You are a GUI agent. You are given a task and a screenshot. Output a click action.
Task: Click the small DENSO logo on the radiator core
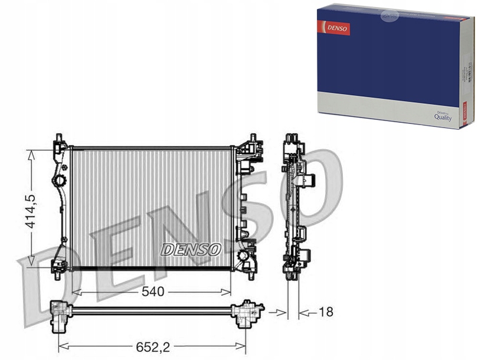tap(191, 250)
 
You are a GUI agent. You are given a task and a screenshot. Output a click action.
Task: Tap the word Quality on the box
tap(443, 117)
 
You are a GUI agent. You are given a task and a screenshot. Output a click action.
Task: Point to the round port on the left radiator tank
tap(60, 179)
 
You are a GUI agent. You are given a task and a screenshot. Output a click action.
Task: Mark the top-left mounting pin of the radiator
tap(59, 141)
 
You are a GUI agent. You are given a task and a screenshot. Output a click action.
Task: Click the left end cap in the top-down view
tap(60, 313)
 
